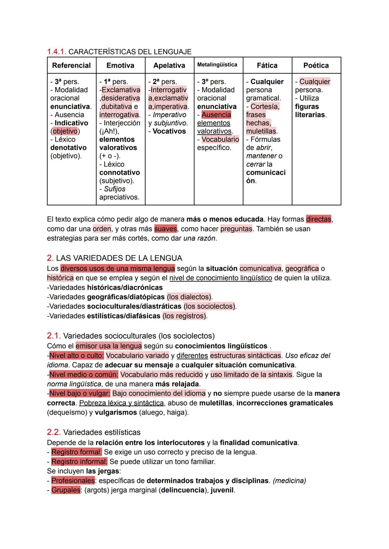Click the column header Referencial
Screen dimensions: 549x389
point(71,66)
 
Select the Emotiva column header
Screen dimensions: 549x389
point(120,66)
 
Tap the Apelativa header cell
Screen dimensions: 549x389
point(169,66)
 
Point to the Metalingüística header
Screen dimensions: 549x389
point(217,65)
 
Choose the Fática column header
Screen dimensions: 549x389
point(267,66)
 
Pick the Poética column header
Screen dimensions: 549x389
point(316,66)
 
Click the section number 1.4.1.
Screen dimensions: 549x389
point(57,52)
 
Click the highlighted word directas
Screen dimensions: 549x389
point(319,219)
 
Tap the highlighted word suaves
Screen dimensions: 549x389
point(166,229)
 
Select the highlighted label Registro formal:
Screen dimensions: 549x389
point(76,452)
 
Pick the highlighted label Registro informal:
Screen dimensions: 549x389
point(79,462)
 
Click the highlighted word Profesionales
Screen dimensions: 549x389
point(73,481)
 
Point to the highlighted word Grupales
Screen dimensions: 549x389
point(66,490)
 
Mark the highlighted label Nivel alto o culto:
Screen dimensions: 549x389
point(76,356)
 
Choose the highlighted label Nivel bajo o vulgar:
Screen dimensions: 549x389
point(80,393)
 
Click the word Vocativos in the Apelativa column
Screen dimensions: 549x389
point(169,131)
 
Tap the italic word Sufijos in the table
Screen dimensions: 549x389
point(115,189)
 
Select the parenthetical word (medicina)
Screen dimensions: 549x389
point(290,481)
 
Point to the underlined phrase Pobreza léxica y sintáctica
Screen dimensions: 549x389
point(121,403)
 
